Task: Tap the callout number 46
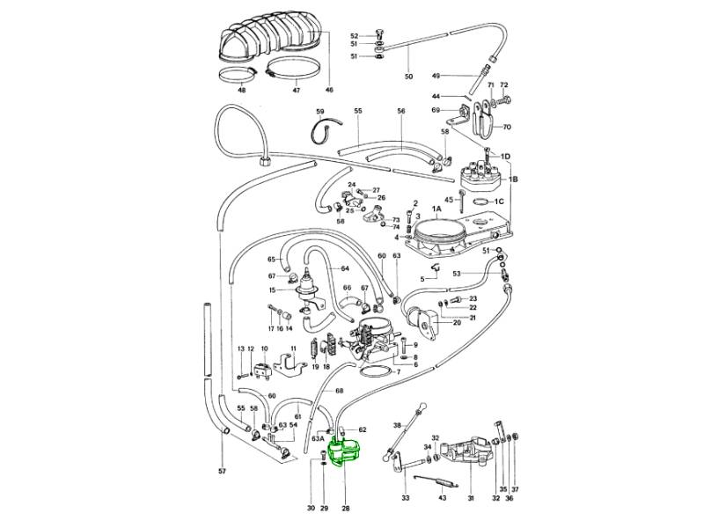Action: click(329, 90)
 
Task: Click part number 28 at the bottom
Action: click(344, 510)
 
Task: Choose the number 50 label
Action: click(408, 77)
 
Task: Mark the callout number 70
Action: click(507, 127)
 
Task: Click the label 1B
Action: click(514, 179)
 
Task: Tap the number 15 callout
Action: click(273, 290)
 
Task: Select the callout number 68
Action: click(339, 391)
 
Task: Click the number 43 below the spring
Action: click(443, 498)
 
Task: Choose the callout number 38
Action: click(396, 426)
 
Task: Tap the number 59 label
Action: click(320, 112)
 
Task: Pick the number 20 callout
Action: click(457, 323)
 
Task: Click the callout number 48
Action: click(241, 90)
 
